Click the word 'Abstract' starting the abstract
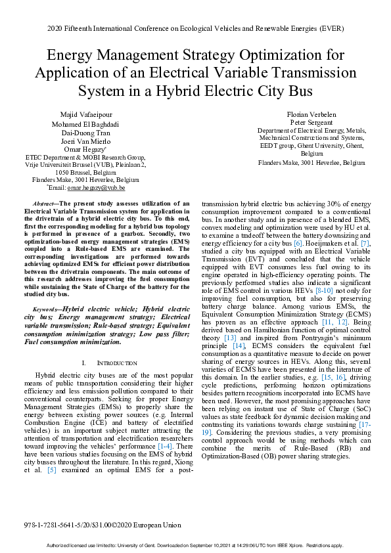point(45,204)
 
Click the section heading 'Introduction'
point(116,363)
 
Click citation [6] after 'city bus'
point(297,243)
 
